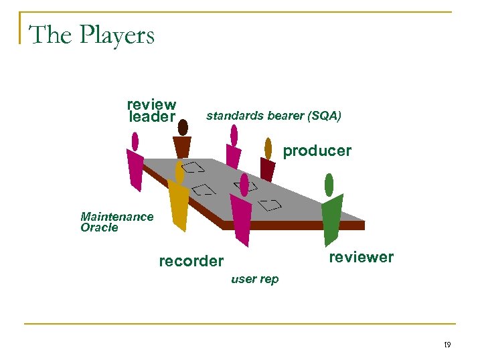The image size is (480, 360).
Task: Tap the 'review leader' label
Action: (151, 111)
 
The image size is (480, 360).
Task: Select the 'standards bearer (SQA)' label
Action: (273, 116)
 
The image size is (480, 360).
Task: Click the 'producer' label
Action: (317, 151)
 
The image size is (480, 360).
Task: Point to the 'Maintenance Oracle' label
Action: (116, 221)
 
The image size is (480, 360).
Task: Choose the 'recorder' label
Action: (191, 261)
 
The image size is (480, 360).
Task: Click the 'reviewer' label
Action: (361, 257)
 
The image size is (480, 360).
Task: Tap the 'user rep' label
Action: (254, 279)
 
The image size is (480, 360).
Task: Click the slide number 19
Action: (447, 345)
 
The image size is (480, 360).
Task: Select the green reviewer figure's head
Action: (329, 184)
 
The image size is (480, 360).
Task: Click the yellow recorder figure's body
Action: (179, 205)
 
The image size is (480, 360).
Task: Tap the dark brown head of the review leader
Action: (183, 127)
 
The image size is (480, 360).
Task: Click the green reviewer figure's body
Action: (331, 217)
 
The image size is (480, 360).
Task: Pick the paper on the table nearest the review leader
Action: (193, 167)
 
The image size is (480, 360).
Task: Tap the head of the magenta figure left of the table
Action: (135, 141)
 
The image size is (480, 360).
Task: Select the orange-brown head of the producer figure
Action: (268, 148)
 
